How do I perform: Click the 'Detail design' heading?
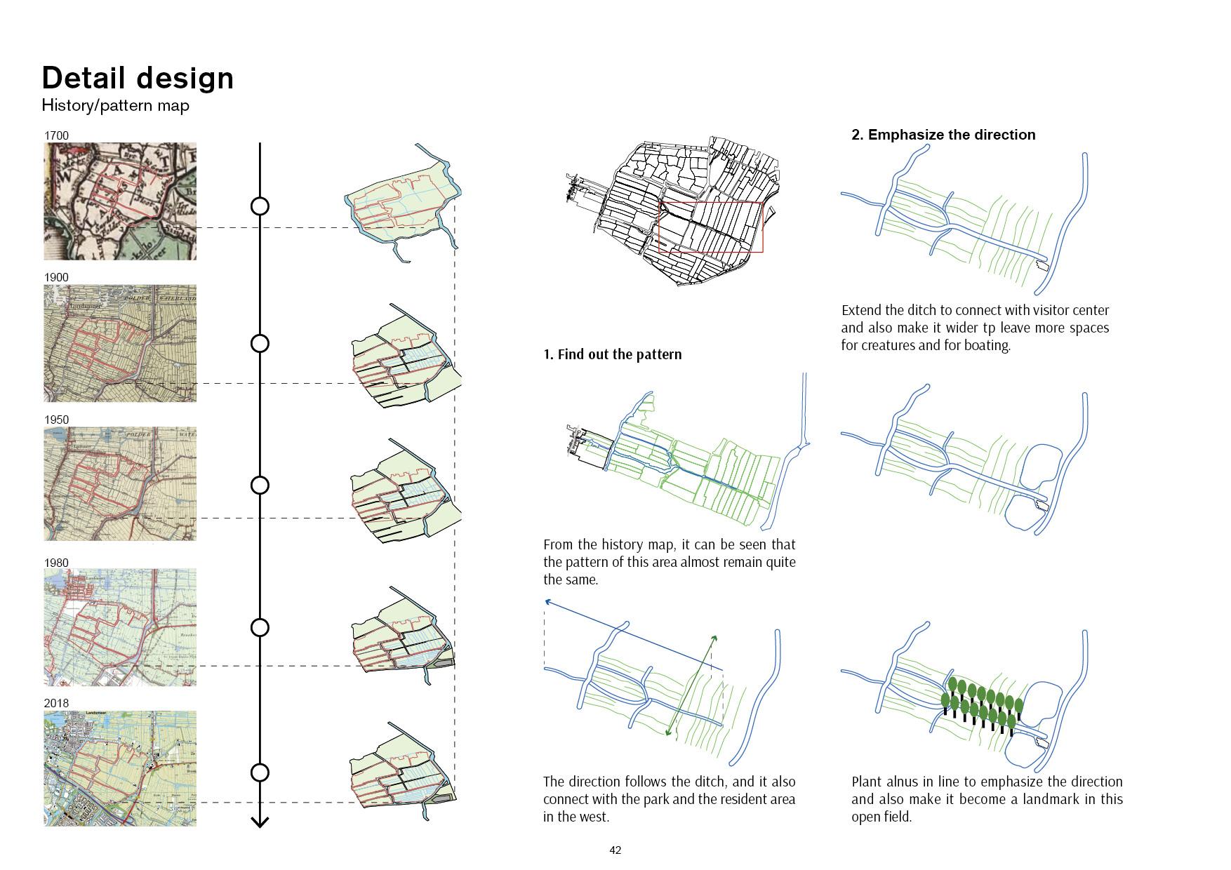click(x=138, y=78)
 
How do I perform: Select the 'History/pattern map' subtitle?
click(x=115, y=105)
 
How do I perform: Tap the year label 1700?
click(x=56, y=135)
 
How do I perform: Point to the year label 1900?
click(x=56, y=277)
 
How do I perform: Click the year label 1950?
click(x=56, y=420)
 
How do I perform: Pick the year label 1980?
click(x=56, y=563)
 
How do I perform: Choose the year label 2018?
click(x=56, y=703)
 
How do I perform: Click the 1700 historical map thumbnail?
click(x=120, y=201)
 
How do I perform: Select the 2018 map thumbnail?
click(x=120, y=768)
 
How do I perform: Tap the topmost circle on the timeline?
click(x=260, y=206)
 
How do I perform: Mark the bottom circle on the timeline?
click(x=260, y=772)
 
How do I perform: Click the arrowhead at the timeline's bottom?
click(x=260, y=822)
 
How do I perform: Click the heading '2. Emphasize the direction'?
click(x=943, y=135)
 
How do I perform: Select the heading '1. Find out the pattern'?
click(x=612, y=354)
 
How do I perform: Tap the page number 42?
click(x=615, y=850)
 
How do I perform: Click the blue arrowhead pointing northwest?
click(x=547, y=601)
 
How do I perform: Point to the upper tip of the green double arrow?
click(x=715, y=636)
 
